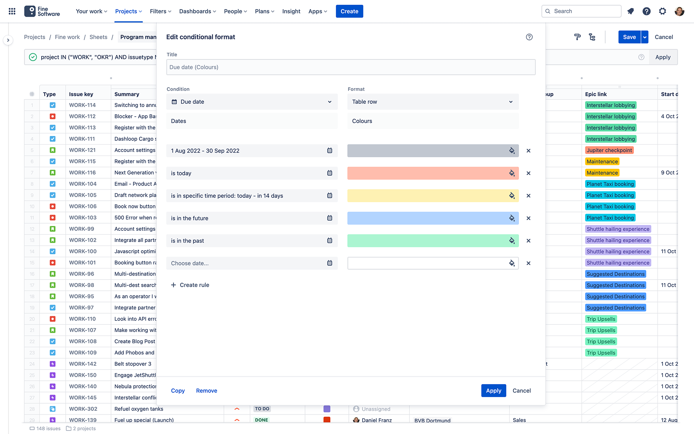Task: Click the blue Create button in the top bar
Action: point(349,11)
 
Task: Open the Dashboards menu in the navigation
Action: point(197,11)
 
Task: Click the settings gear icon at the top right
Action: point(662,11)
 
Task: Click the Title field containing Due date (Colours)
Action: point(350,67)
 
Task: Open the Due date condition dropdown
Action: point(252,102)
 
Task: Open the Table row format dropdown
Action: point(433,102)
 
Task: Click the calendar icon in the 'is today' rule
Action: point(330,173)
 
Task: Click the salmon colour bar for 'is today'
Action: point(427,173)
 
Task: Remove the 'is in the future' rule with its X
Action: point(528,218)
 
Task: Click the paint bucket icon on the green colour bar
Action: point(512,241)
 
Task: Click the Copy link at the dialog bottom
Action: point(177,391)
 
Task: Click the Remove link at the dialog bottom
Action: point(206,391)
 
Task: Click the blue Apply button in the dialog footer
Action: point(493,391)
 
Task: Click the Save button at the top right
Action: point(629,37)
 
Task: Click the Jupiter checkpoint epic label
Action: point(609,150)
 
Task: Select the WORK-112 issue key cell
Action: point(82,116)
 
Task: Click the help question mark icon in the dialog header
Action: point(529,37)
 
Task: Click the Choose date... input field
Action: point(246,263)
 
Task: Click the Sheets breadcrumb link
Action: point(98,37)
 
